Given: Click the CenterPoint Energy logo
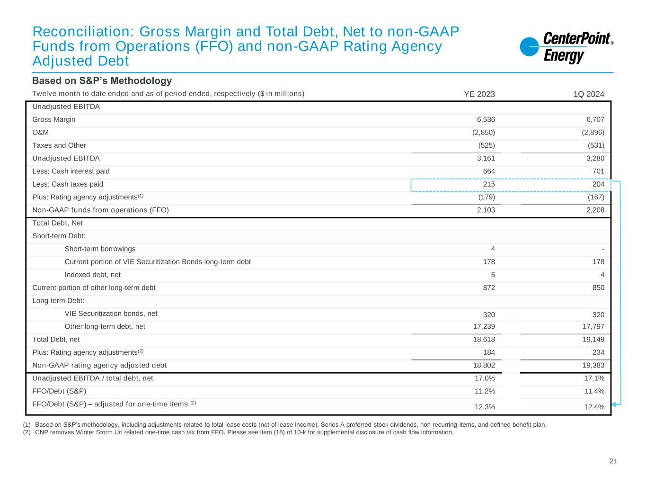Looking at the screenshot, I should [566, 47].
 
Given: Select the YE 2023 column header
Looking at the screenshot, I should [479, 94].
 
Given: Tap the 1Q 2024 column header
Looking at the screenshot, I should [589, 94].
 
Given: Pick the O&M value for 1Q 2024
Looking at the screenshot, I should [593, 133].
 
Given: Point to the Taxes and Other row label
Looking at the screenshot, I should [59, 145].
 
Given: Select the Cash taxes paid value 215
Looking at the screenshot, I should [489, 184].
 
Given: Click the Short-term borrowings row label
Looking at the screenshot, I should [100, 249].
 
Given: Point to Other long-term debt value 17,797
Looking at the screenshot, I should [593, 326].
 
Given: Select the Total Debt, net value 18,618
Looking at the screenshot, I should [484, 339].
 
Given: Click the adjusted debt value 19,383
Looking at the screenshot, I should [593, 365].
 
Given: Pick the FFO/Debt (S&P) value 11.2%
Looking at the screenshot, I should [485, 391].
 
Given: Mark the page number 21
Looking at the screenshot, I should [613, 461].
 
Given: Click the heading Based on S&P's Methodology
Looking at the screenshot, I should [102, 81].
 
